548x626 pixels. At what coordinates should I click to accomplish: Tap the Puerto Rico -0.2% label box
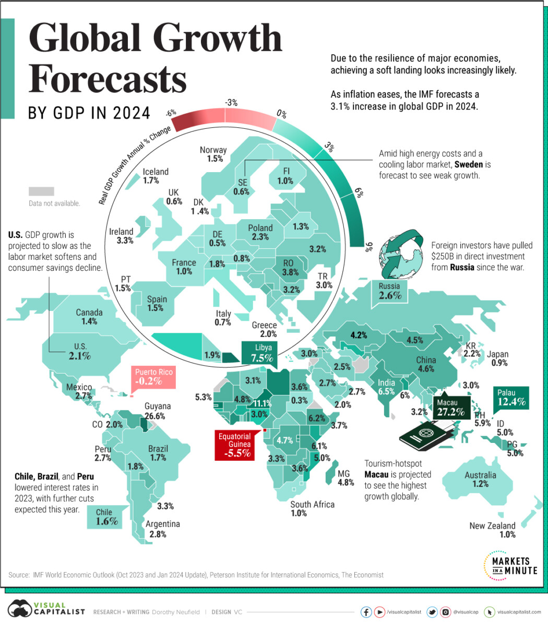click(154, 377)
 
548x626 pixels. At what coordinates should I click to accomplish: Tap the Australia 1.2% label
click(480, 479)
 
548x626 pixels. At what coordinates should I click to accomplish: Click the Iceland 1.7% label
click(156, 176)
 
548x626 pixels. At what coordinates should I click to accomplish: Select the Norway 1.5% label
click(213, 154)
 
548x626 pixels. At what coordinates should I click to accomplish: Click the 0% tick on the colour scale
click(281, 113)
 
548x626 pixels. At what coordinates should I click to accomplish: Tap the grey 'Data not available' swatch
click(41, 191)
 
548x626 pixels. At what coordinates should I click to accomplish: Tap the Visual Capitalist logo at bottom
click(45, 611)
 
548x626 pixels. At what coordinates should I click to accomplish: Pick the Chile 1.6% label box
click(106, 517)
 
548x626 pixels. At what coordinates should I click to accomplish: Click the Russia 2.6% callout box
click(389, 292)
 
